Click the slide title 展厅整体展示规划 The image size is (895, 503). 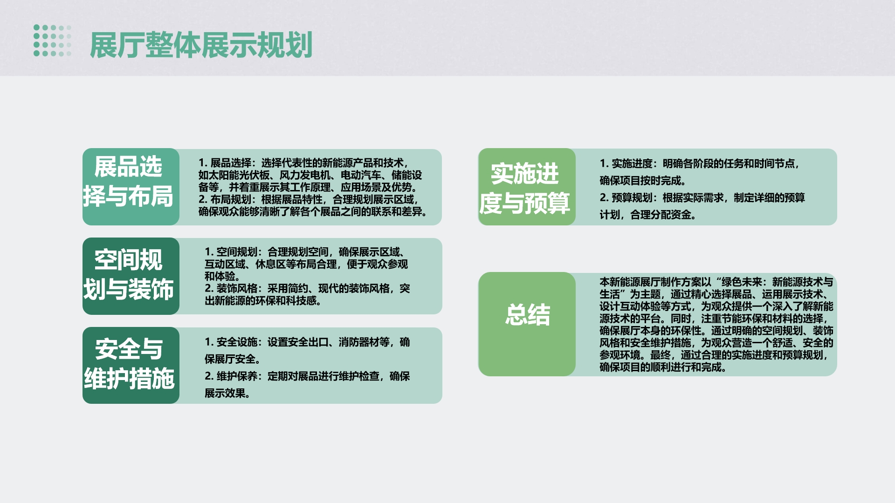click(x=201, y=45)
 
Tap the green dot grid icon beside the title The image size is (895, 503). click(x=52, y=41)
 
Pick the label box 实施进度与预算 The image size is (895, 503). click(x=527, y=187)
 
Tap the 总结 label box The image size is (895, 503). click(x=527, y=324)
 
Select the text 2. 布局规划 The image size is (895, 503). click(x=225, y=199)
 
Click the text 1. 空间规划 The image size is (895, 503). click(x=231, y=252)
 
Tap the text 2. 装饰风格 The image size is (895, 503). click(x=231, y=288)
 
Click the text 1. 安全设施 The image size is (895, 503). click(x=231, y=342)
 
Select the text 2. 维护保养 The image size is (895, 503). click(x=231, y=376)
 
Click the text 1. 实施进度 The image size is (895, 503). click(x=626, y=163)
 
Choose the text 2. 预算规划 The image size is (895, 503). click(x=626, y=198)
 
